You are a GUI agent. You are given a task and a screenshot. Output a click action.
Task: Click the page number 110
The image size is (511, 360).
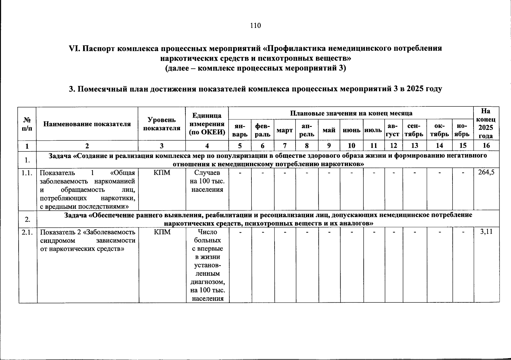[x=255, y=25]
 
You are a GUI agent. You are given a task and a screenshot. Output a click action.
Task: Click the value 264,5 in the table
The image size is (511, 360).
[x=486, y=173]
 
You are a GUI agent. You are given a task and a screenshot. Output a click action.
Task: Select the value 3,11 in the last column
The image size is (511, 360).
[x=486, y=232]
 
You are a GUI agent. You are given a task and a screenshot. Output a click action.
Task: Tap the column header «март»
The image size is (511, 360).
[x=284, y=130]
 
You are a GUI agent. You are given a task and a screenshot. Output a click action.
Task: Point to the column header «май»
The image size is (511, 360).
[x=329, y=130]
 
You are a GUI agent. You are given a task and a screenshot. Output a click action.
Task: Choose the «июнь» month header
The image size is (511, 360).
[x=351, y=130]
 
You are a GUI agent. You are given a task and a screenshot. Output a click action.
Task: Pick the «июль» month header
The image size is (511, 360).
[x=374, y=130]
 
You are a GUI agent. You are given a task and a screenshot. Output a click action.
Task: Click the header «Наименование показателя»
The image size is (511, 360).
[x=87, y=124]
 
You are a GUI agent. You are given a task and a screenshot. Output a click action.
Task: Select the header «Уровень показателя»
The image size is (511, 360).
[x=162, y=124]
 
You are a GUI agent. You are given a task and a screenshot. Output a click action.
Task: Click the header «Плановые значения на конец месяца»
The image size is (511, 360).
[x=351, y=113]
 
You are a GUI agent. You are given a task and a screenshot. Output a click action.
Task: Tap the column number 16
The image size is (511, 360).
[x=486, y=146]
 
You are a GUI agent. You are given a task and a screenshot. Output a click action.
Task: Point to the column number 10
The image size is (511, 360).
[x=351, y=146]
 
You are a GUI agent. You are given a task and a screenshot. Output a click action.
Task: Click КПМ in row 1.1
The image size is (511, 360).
[x=162, y=173]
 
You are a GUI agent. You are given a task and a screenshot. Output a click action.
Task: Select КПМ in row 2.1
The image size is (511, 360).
[x=162, y=232]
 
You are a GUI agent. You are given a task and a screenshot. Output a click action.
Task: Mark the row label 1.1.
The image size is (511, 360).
[x=27, y=173]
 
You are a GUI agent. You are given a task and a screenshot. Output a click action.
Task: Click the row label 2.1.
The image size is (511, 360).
[x=27, y=232]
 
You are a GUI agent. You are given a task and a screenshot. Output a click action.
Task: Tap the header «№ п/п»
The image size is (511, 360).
[x=27, y=124]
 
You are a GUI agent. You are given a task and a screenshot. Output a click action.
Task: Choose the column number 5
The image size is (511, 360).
[x=240, y=146]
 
